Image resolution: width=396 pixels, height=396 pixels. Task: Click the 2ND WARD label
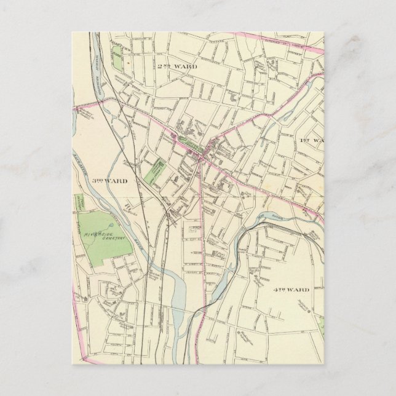pos(176,66)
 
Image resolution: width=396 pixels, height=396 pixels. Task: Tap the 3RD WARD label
pos(110,181)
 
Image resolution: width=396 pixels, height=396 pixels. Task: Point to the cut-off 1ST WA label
pos(311,141)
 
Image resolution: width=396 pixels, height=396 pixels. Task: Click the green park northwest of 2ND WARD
pos(117,62)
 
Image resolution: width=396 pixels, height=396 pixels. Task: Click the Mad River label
pos(265,216)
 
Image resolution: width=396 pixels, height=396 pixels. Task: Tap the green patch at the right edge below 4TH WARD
pos(321,326)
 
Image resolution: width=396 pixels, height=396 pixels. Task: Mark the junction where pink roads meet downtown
pos(202,158)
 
